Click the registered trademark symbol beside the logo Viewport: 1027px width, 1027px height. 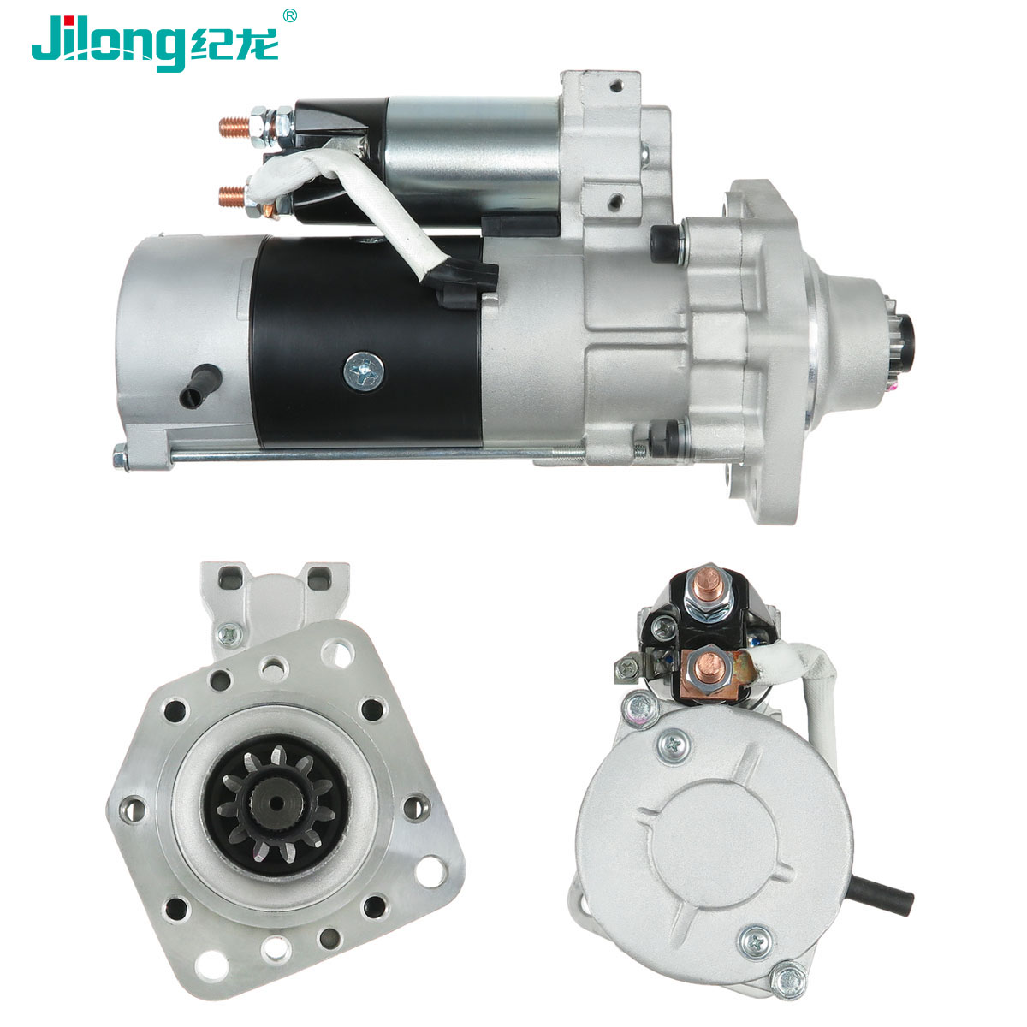coord(289,15)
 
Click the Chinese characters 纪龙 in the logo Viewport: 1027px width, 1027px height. coord(234,45)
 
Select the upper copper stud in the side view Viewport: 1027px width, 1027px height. coord(234,127)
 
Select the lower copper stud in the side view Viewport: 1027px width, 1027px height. coord(233,196)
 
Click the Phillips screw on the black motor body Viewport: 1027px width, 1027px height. coord(365,371)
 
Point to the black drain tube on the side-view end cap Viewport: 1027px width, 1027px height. coord(200,385)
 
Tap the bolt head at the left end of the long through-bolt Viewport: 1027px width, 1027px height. coord(121,457)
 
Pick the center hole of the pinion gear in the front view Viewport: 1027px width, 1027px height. coord(277,803)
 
